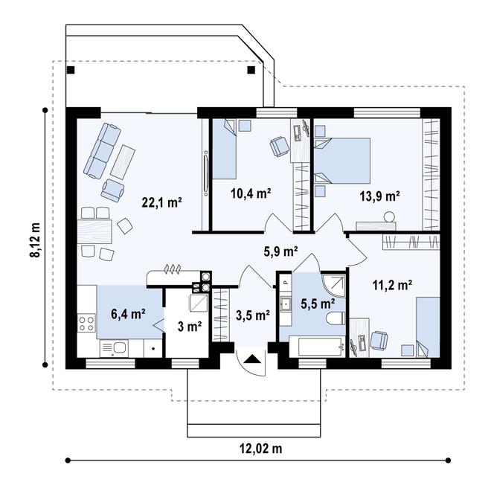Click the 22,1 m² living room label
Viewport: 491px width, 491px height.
pyautogui.click(x=162, y=202)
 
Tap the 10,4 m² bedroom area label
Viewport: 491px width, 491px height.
pyautogui.click(x=250, y=193)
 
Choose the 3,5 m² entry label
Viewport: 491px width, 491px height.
pyautogui.click(x=252, y=315)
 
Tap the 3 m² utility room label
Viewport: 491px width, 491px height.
pyautogui.click(x=189, y=326)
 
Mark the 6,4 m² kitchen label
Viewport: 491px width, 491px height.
pyautogui.click(x=128, y=313)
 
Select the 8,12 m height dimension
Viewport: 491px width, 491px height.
pyautogui.click(x=34, y=238)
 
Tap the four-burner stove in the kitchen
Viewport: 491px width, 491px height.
pyautogui.click(x=86, y=324)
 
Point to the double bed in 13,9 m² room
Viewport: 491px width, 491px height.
pyautogui.click(x=343, y=160)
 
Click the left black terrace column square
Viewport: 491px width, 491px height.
pyautogui.click(x=71, y=71)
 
